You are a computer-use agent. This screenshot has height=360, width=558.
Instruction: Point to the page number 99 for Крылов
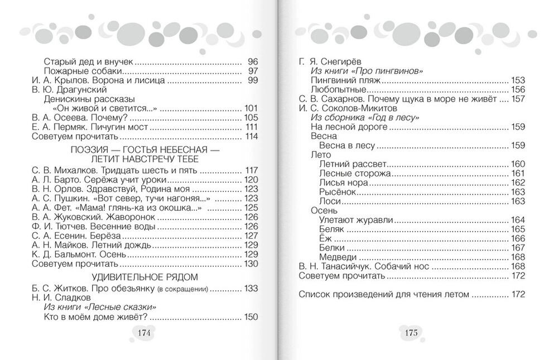pyautogui.click(x=252, y=80)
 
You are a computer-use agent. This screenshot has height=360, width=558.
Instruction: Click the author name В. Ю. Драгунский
pyautogui.click(x=69, y=89)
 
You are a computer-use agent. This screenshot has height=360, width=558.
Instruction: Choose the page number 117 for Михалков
pyautogui.click(x=251, y=170)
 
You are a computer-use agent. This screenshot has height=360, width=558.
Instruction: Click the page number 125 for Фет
pyautogui.click(x=251, y=208)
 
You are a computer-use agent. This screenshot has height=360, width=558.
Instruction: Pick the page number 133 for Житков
pyautogui.click(x=251, y=289)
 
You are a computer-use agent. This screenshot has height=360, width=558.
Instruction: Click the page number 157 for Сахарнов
pyautogui.click(x=518, y=99)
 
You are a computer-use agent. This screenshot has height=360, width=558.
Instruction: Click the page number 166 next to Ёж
pyautogui.click(x=518, y=238)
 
